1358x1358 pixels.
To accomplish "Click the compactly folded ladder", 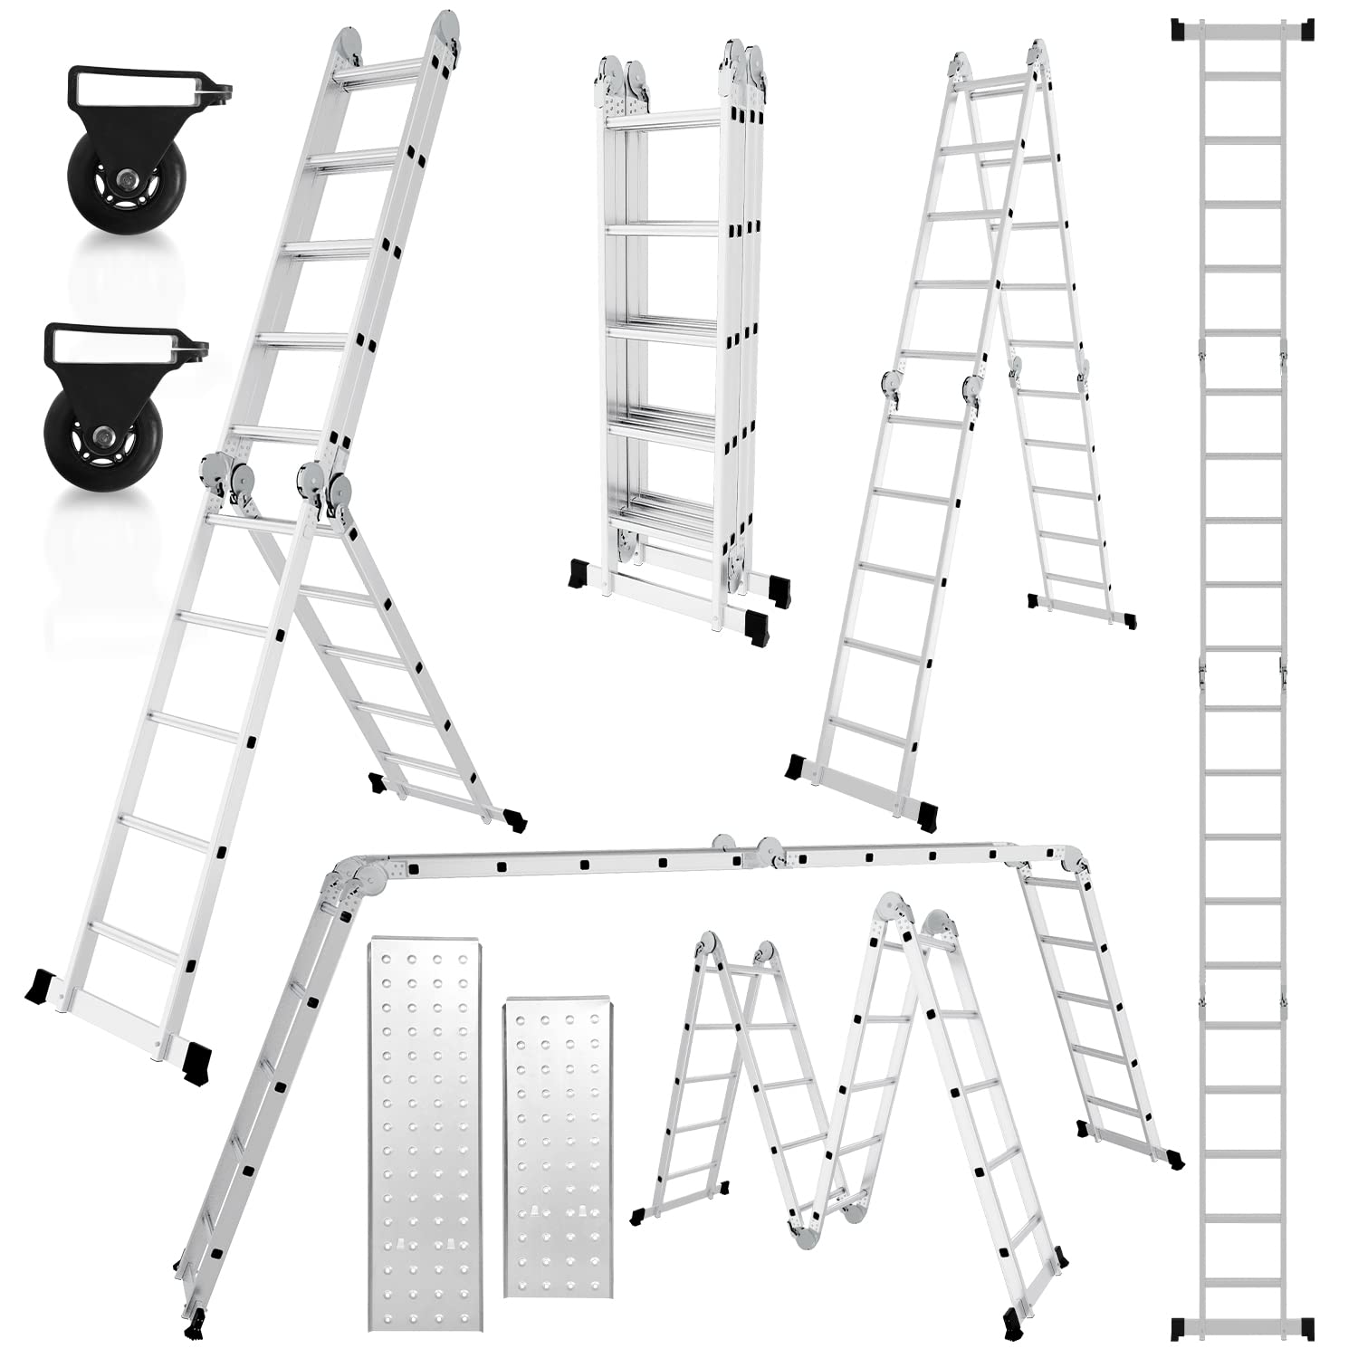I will click(x=677, y=335).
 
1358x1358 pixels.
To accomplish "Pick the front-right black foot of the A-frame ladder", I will click(x=926, y=815).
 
